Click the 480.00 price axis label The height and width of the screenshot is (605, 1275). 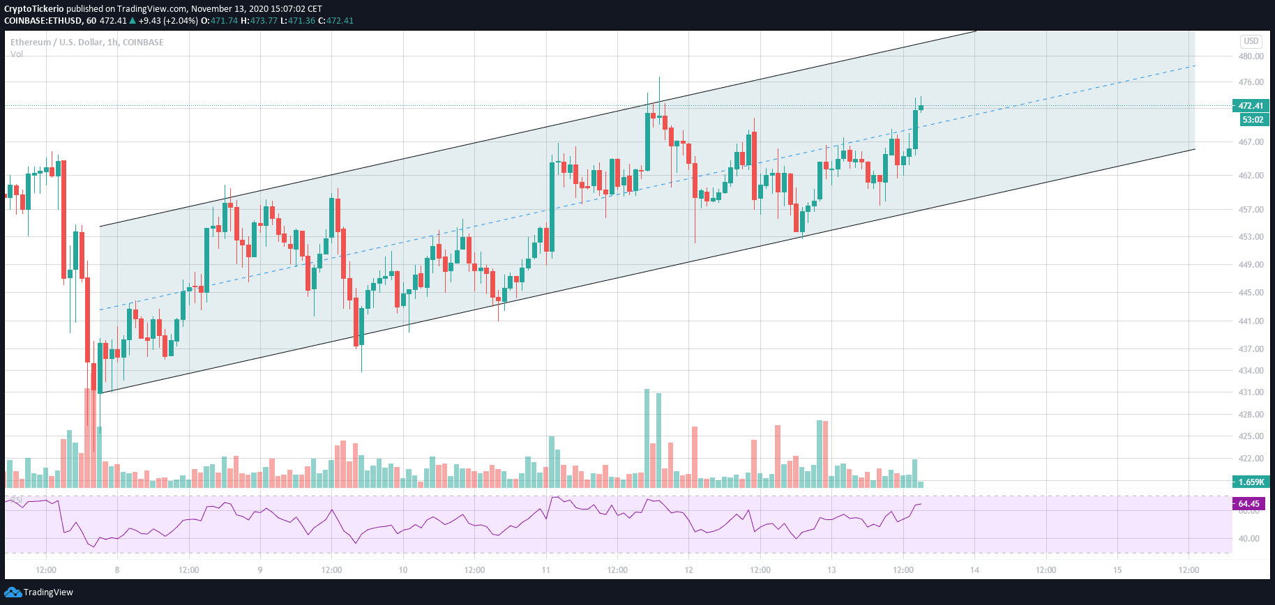[1251, 56]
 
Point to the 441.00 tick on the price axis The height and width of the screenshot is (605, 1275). [1251, 321]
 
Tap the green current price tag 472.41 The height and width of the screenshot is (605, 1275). [1251, 106]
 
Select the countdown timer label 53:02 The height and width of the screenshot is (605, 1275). [1253, 120]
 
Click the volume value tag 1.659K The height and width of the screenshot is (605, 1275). [1251, 482]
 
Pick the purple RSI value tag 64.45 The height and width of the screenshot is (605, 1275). [1248, 504]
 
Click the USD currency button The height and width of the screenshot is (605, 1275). [1251, 41]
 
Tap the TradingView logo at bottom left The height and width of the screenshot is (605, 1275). [39, 592]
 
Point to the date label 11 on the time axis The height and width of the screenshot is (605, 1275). [545, 570]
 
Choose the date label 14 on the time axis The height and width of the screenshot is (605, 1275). [974, 570]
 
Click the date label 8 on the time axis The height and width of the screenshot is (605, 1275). [117, 570]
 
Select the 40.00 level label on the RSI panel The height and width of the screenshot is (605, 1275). [1248, 539]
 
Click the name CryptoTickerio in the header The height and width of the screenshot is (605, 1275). [34, 9]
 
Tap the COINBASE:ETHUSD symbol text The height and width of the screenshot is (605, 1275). [43, 21]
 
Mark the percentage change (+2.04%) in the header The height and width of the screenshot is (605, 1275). [181, 21]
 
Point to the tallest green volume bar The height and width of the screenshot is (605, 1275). [647, 438]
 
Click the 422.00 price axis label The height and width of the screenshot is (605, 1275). [1251, 459]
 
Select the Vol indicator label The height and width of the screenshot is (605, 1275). [17, 54]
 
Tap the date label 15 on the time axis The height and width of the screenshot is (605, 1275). [1117, 570]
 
